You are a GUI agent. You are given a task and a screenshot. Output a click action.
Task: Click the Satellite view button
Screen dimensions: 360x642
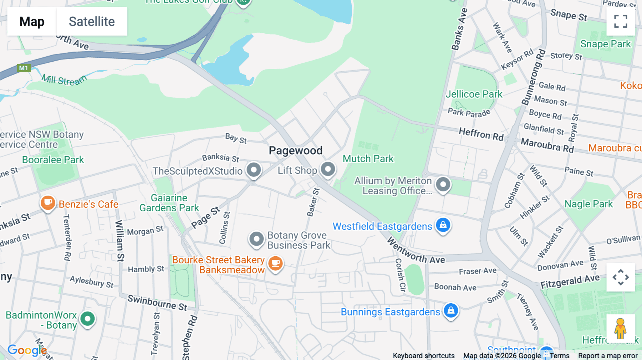92,21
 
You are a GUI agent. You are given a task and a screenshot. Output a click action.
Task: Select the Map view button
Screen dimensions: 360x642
32,21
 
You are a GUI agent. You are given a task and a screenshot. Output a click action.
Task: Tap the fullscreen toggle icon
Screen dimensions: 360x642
621,21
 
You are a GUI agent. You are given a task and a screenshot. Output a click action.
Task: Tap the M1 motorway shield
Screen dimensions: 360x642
24,68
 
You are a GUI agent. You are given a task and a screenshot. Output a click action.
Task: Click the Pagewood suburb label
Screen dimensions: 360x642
295,150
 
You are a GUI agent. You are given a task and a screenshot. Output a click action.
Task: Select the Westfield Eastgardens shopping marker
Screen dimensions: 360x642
443,225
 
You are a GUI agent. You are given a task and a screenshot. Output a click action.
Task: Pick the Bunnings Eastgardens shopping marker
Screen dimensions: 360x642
451,310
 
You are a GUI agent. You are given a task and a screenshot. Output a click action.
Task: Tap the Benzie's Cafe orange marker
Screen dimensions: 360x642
48,203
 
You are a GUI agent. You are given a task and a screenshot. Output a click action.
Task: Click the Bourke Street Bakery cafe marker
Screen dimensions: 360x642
275,264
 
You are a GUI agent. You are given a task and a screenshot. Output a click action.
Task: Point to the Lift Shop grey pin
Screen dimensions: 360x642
328,169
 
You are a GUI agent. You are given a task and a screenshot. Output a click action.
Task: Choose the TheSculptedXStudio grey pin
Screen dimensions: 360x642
254,170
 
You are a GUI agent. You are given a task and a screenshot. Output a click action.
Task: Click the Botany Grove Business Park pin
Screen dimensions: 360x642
256,239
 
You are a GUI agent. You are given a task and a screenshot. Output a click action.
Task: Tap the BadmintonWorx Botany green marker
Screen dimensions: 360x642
87,318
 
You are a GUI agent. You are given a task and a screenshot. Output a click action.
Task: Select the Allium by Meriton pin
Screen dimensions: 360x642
443,185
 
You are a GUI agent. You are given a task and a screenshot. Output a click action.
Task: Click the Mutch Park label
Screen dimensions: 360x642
368,159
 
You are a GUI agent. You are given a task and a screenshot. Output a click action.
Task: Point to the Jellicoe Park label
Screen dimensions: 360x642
474,94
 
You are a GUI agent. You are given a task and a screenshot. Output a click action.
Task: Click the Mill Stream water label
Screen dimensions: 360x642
64,80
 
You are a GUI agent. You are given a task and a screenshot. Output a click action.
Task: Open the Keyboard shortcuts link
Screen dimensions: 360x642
423,356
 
